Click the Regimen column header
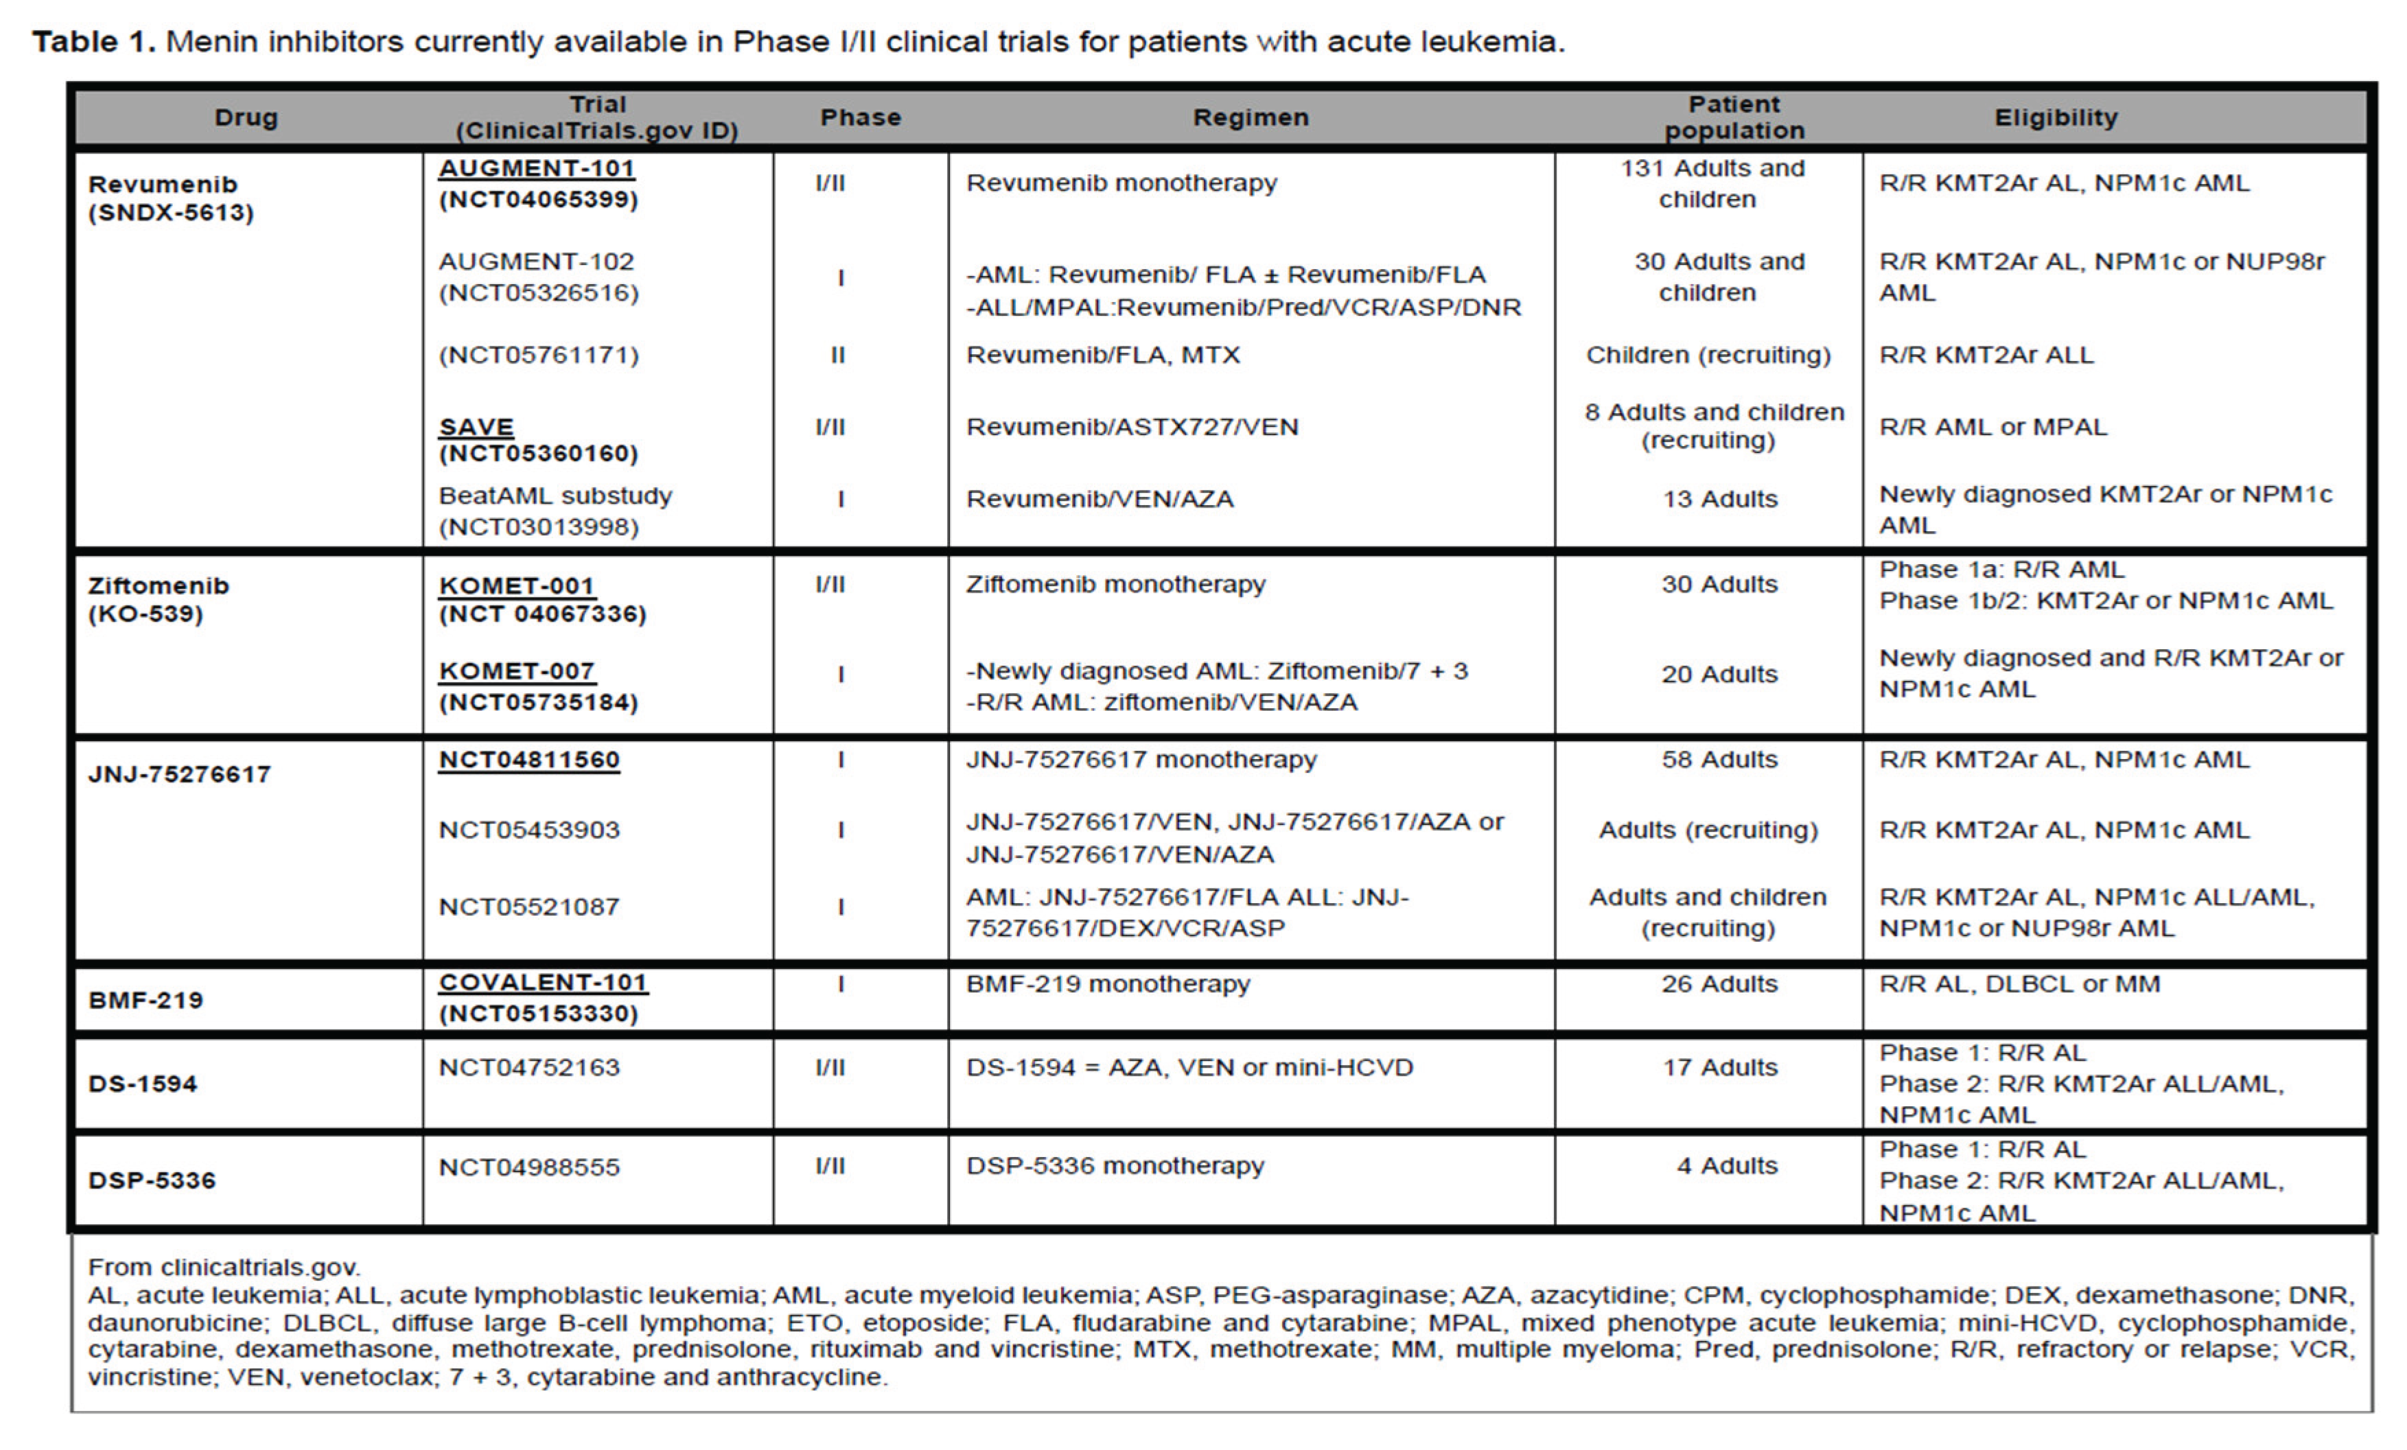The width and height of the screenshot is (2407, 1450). click(x=1251, y=117)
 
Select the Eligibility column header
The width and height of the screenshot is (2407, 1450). click(x=2056, y=117)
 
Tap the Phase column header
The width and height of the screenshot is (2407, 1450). click(x=859, y=117)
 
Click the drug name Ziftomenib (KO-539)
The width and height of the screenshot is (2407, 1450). click(x=159, y=600)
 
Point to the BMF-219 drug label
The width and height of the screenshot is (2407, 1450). click(x=146, y=1000)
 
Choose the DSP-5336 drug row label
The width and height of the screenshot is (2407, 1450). click(x=152, y=1180)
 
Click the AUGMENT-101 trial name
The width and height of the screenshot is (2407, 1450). click(x=536, y=168)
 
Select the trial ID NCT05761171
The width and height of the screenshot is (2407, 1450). click(x=538, y=355)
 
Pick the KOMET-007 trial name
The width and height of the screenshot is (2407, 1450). click(x=517, y=671)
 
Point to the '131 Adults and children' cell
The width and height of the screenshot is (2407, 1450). click(x=1712, y=184)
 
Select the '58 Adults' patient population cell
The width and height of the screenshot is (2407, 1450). click(x=1719, y=760)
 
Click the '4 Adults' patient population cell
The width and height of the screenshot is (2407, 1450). click(x=1727, y=1166)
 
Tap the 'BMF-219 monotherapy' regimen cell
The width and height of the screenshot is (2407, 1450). click(x=1108, y=983)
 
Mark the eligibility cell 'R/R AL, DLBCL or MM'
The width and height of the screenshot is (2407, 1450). click(x=2019, y=983)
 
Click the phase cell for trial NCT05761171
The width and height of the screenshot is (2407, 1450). click(x=837, y=355)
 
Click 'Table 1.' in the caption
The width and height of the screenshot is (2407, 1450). click(x=94, y=42)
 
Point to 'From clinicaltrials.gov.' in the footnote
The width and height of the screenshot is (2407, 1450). click(x=224, y=1267)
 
